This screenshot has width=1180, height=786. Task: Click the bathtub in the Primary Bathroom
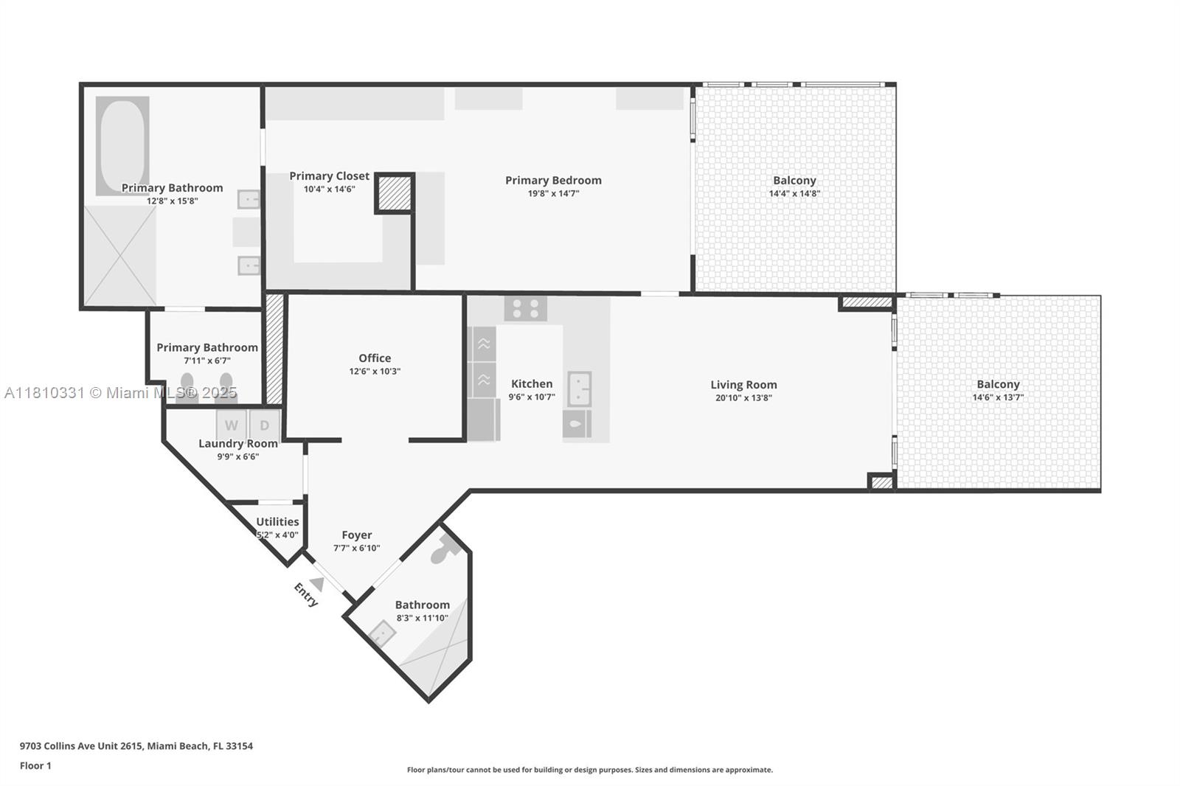tap(122, 145)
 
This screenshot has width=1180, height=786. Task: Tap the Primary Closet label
tap(329, 176)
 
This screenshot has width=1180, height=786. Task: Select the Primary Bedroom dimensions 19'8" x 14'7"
tap(553, 194)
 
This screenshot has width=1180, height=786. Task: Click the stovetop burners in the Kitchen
tap(526, 308)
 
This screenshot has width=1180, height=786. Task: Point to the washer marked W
tap(231, 425)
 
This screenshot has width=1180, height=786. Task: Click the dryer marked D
tap(264, 425)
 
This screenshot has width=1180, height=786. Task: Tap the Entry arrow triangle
tap(317, 584)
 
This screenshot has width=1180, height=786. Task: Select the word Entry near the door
tap(305, 594)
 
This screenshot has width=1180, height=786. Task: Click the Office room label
tap(375, 358)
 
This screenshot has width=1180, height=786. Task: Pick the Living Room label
tap(743, 385)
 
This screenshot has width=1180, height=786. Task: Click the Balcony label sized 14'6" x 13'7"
tap(998, 384)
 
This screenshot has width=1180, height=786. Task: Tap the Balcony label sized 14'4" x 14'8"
tap(794, 181)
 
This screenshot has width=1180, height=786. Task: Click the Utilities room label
tap(277, 522)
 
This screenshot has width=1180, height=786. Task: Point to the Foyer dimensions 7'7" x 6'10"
tap(356, 548)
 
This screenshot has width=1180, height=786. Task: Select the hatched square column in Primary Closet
tap(395, 193)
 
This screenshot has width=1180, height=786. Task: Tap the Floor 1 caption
tap(35, 765)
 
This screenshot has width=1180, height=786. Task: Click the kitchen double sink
tap(580, 389)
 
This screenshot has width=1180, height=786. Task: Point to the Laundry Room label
tap(237, 444)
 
